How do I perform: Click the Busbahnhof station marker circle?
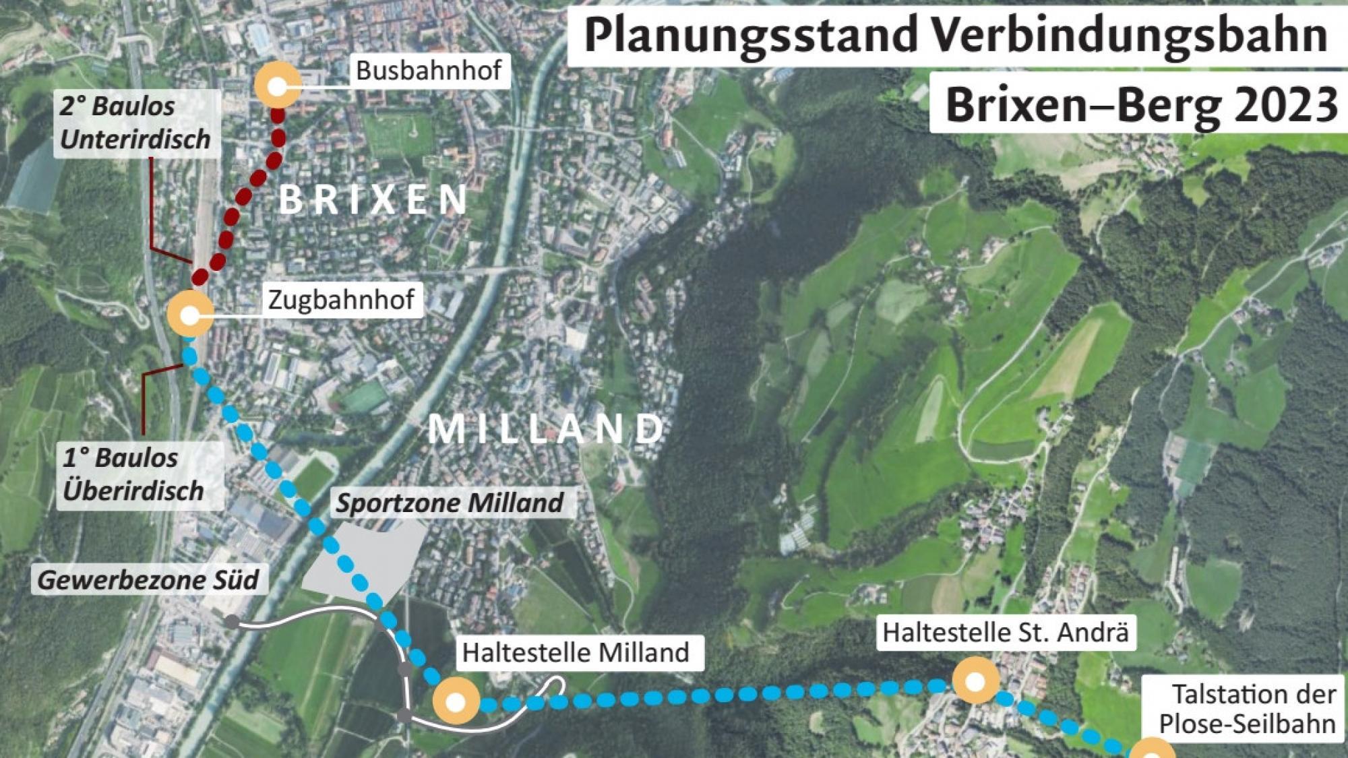click(x=277, y=86)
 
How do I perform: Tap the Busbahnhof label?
click(x=429, y=70)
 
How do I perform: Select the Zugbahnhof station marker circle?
click(x=190, y=314)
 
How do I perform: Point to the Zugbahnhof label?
click(x=341, y=300)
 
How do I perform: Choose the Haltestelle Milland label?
click(x=576, y=652)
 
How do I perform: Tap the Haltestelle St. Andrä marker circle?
click(x=975, y=681)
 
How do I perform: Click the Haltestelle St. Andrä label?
click(x=1005, y=632)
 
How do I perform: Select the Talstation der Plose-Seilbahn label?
click(x=1247, y=709)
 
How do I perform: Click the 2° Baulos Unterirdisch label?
click(x=135, y=123)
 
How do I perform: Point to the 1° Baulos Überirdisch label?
click(x=133, y=474)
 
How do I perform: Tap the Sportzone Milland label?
click(x=450, y=503)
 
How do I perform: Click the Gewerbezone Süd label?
click(x=148, y=580)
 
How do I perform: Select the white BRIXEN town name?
click(x=373, y=199)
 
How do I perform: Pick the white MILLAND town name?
click(x=546, y=429)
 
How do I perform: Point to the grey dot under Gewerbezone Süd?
click(x=231, y=621)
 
